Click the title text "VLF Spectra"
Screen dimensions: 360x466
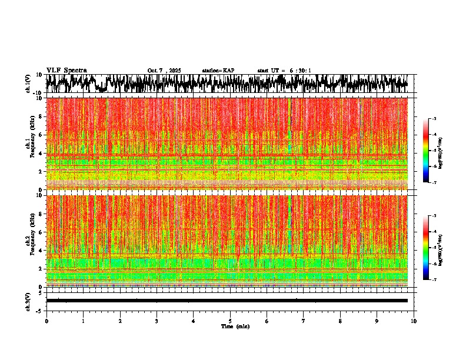(66, 71)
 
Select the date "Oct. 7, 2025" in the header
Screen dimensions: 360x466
(164, 71)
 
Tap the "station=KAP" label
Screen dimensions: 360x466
(218, 71)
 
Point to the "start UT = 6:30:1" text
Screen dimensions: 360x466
(284, 71)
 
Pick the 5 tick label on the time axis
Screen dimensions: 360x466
(230, 321)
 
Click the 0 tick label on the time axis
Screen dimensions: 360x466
(46, 321)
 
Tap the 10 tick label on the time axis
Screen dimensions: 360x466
(414, 321)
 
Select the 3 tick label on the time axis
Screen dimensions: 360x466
(157, 321)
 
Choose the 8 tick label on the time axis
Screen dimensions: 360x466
(340, 321)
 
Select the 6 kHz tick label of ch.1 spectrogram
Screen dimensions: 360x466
(41, 135)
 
